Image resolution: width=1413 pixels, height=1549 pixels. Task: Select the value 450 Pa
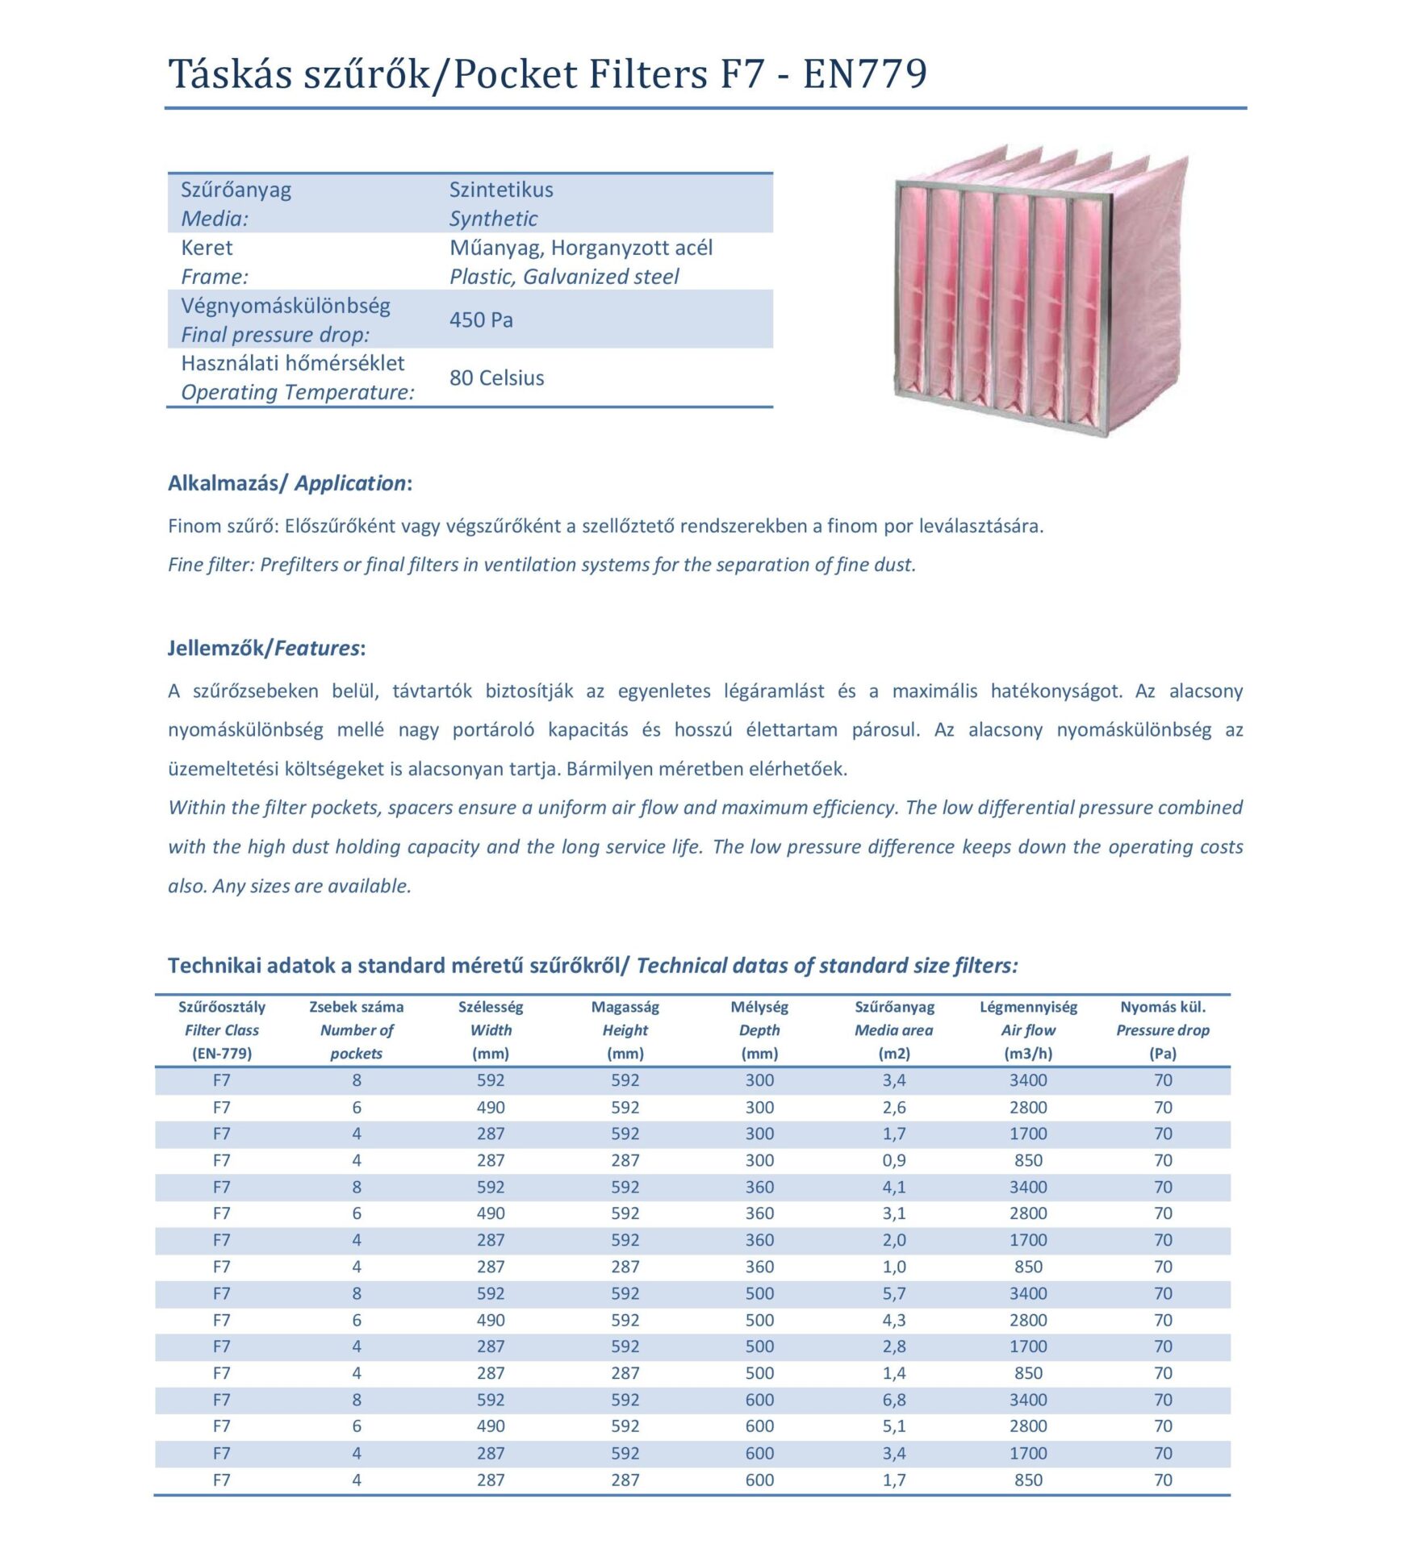click(481, 320)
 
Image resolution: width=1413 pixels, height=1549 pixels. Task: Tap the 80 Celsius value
click(496, 378)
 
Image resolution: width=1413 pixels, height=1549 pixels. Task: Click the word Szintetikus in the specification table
click(501, 190)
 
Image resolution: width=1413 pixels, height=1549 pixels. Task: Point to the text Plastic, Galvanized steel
click(564, 277)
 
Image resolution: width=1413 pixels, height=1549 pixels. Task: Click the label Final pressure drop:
click(275, 335)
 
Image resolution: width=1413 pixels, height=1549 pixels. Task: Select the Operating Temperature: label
click(297, 393)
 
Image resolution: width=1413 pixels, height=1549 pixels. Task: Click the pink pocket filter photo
click(1041, 290)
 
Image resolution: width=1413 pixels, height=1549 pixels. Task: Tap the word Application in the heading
click(349, 483)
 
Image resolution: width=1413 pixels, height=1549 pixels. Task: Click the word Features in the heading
click(316, 648)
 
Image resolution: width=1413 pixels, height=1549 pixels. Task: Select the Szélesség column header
click(491, 1007)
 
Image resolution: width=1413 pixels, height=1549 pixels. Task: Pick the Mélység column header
click(759, 1007)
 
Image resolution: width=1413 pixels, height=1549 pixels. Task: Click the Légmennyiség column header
click(1028, 1007)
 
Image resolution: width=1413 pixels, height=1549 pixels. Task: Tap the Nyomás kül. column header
click(1163, 1007)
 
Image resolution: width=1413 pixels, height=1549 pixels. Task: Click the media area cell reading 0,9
click(894, 1160)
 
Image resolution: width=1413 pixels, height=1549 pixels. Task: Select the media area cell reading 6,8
click(894, 1400)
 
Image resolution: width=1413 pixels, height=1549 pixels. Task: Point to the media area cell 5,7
click(894, 1293)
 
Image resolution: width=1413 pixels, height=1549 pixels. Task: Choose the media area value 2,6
click(894, 1108)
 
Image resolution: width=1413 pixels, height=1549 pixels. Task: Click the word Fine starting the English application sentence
click(186, 565)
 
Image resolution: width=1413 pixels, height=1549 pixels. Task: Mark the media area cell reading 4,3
click(894, 1320)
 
